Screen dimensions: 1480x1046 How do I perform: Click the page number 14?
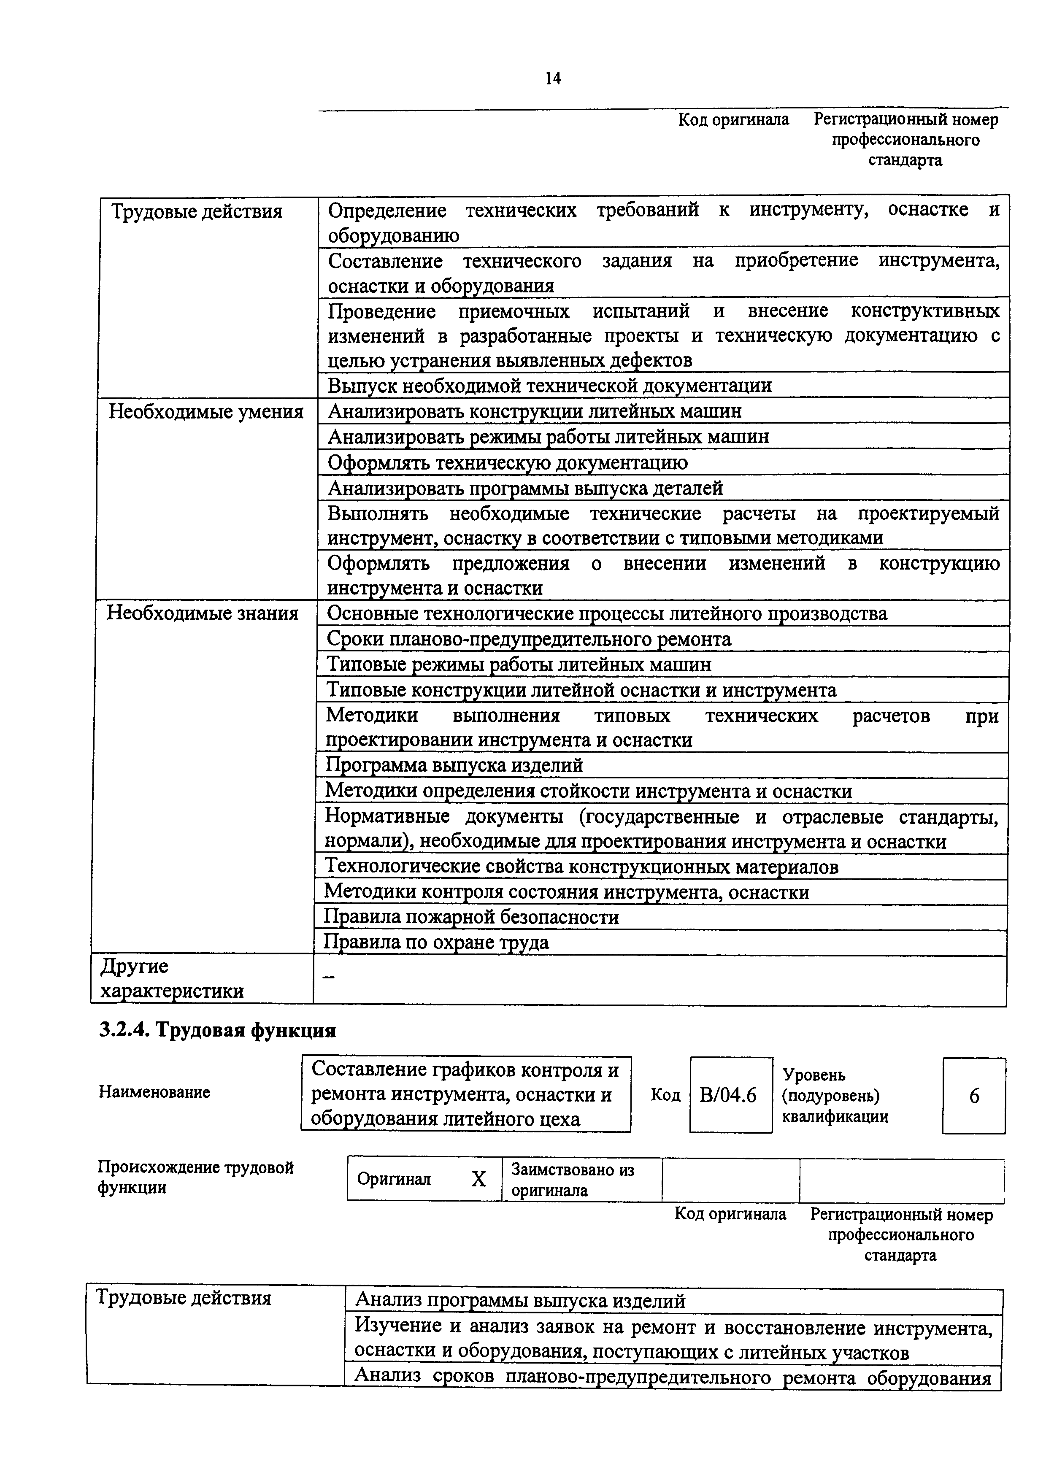pos(552,78)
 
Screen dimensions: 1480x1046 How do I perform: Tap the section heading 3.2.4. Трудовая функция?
pos(217,1030)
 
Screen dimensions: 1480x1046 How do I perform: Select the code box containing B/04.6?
pos(730,1095)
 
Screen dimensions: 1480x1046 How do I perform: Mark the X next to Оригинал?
pos(478,1179)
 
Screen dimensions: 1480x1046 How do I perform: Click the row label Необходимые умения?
pos(205,411)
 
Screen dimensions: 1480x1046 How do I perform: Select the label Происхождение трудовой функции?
pos(195,1177)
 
